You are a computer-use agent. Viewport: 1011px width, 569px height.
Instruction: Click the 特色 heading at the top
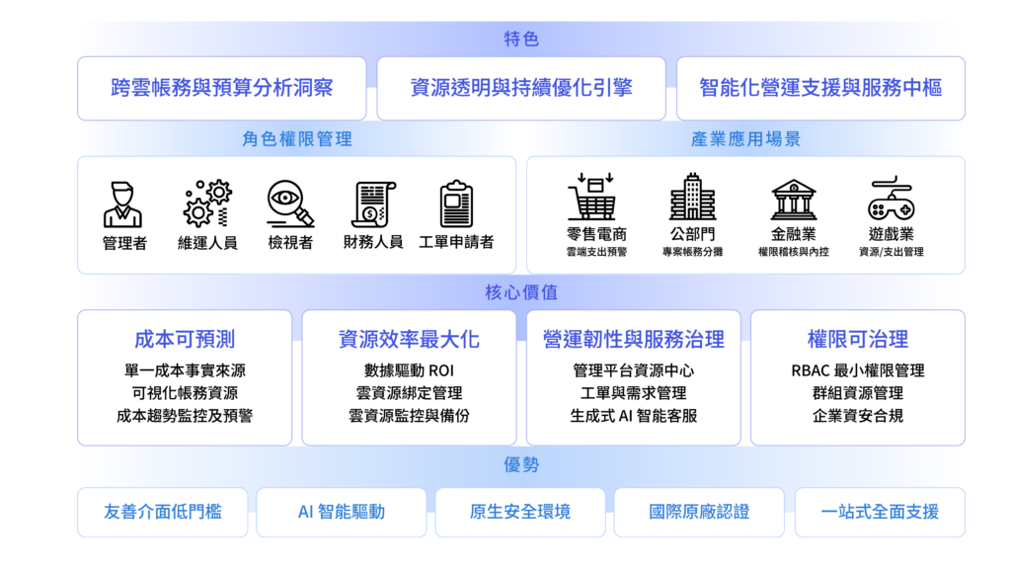(520, 40)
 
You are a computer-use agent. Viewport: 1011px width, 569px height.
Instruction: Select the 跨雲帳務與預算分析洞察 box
(221, 88)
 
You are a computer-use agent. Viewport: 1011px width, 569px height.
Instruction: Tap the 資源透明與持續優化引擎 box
(520, 88)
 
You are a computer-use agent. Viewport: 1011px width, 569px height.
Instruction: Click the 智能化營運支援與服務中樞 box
(820, 88)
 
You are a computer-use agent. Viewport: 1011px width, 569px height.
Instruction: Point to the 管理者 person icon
(123, 203)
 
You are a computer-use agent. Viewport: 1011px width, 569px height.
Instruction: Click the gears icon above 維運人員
(207, 203)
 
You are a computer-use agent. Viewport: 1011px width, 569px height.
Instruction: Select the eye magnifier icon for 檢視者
(290, 203)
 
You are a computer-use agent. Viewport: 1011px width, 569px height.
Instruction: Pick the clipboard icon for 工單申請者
(456, 203)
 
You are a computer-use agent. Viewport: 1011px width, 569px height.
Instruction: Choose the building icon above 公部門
(692, 198)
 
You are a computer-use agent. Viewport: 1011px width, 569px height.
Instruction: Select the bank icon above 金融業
(793, 199)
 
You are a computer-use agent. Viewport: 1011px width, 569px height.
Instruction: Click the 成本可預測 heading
(185, 340)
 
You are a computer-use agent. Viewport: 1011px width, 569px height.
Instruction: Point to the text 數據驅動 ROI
(409, 371)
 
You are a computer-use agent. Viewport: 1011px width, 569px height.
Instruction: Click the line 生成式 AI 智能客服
(633, 416)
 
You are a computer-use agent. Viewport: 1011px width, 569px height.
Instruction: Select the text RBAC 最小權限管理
(857, 371)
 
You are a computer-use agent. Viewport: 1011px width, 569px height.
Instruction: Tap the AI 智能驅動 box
(342, 512)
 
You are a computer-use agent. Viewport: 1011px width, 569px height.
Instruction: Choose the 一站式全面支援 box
(880, 512)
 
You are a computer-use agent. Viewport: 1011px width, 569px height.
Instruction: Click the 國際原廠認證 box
(699, 512)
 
